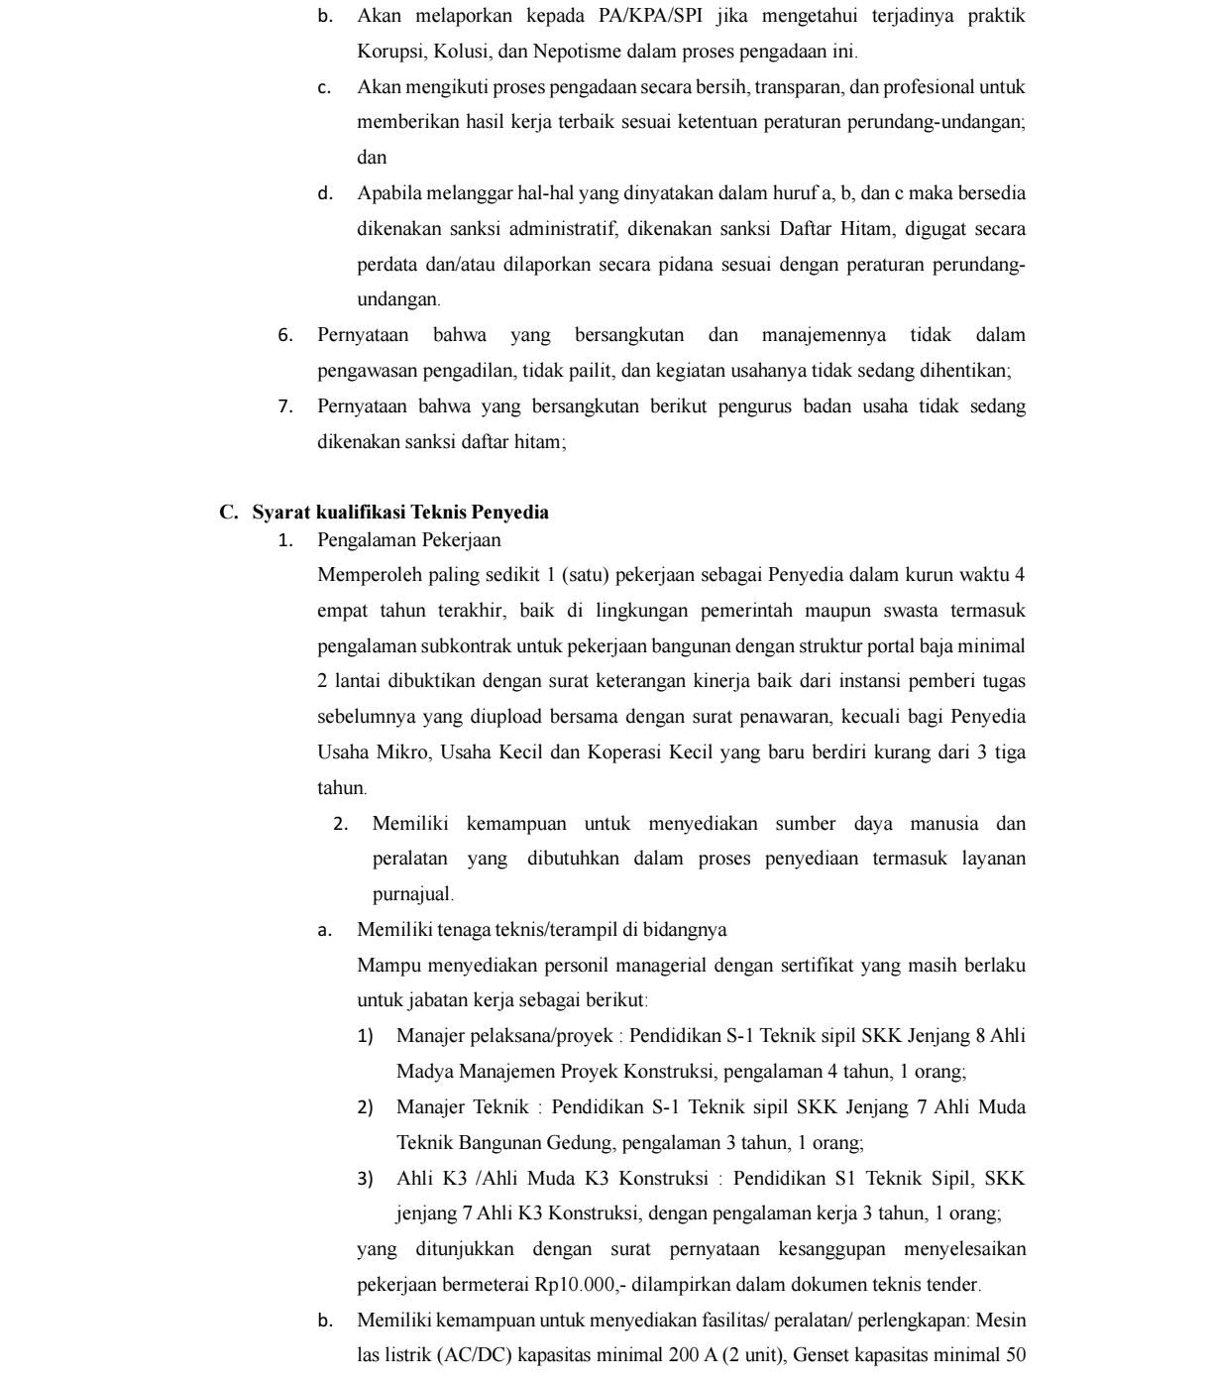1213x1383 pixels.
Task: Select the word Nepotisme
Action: (x=576, y=52)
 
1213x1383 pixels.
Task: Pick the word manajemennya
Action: (x=824, y=335)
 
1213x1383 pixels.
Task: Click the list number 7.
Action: (x=285, y=406)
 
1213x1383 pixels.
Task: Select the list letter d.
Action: (x=324, y=193)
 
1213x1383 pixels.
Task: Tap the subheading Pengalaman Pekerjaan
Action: (x=409, y=540)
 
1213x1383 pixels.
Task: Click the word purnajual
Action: (x=411, y=894)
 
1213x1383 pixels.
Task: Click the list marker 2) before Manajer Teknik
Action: (x=365, y=1107)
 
